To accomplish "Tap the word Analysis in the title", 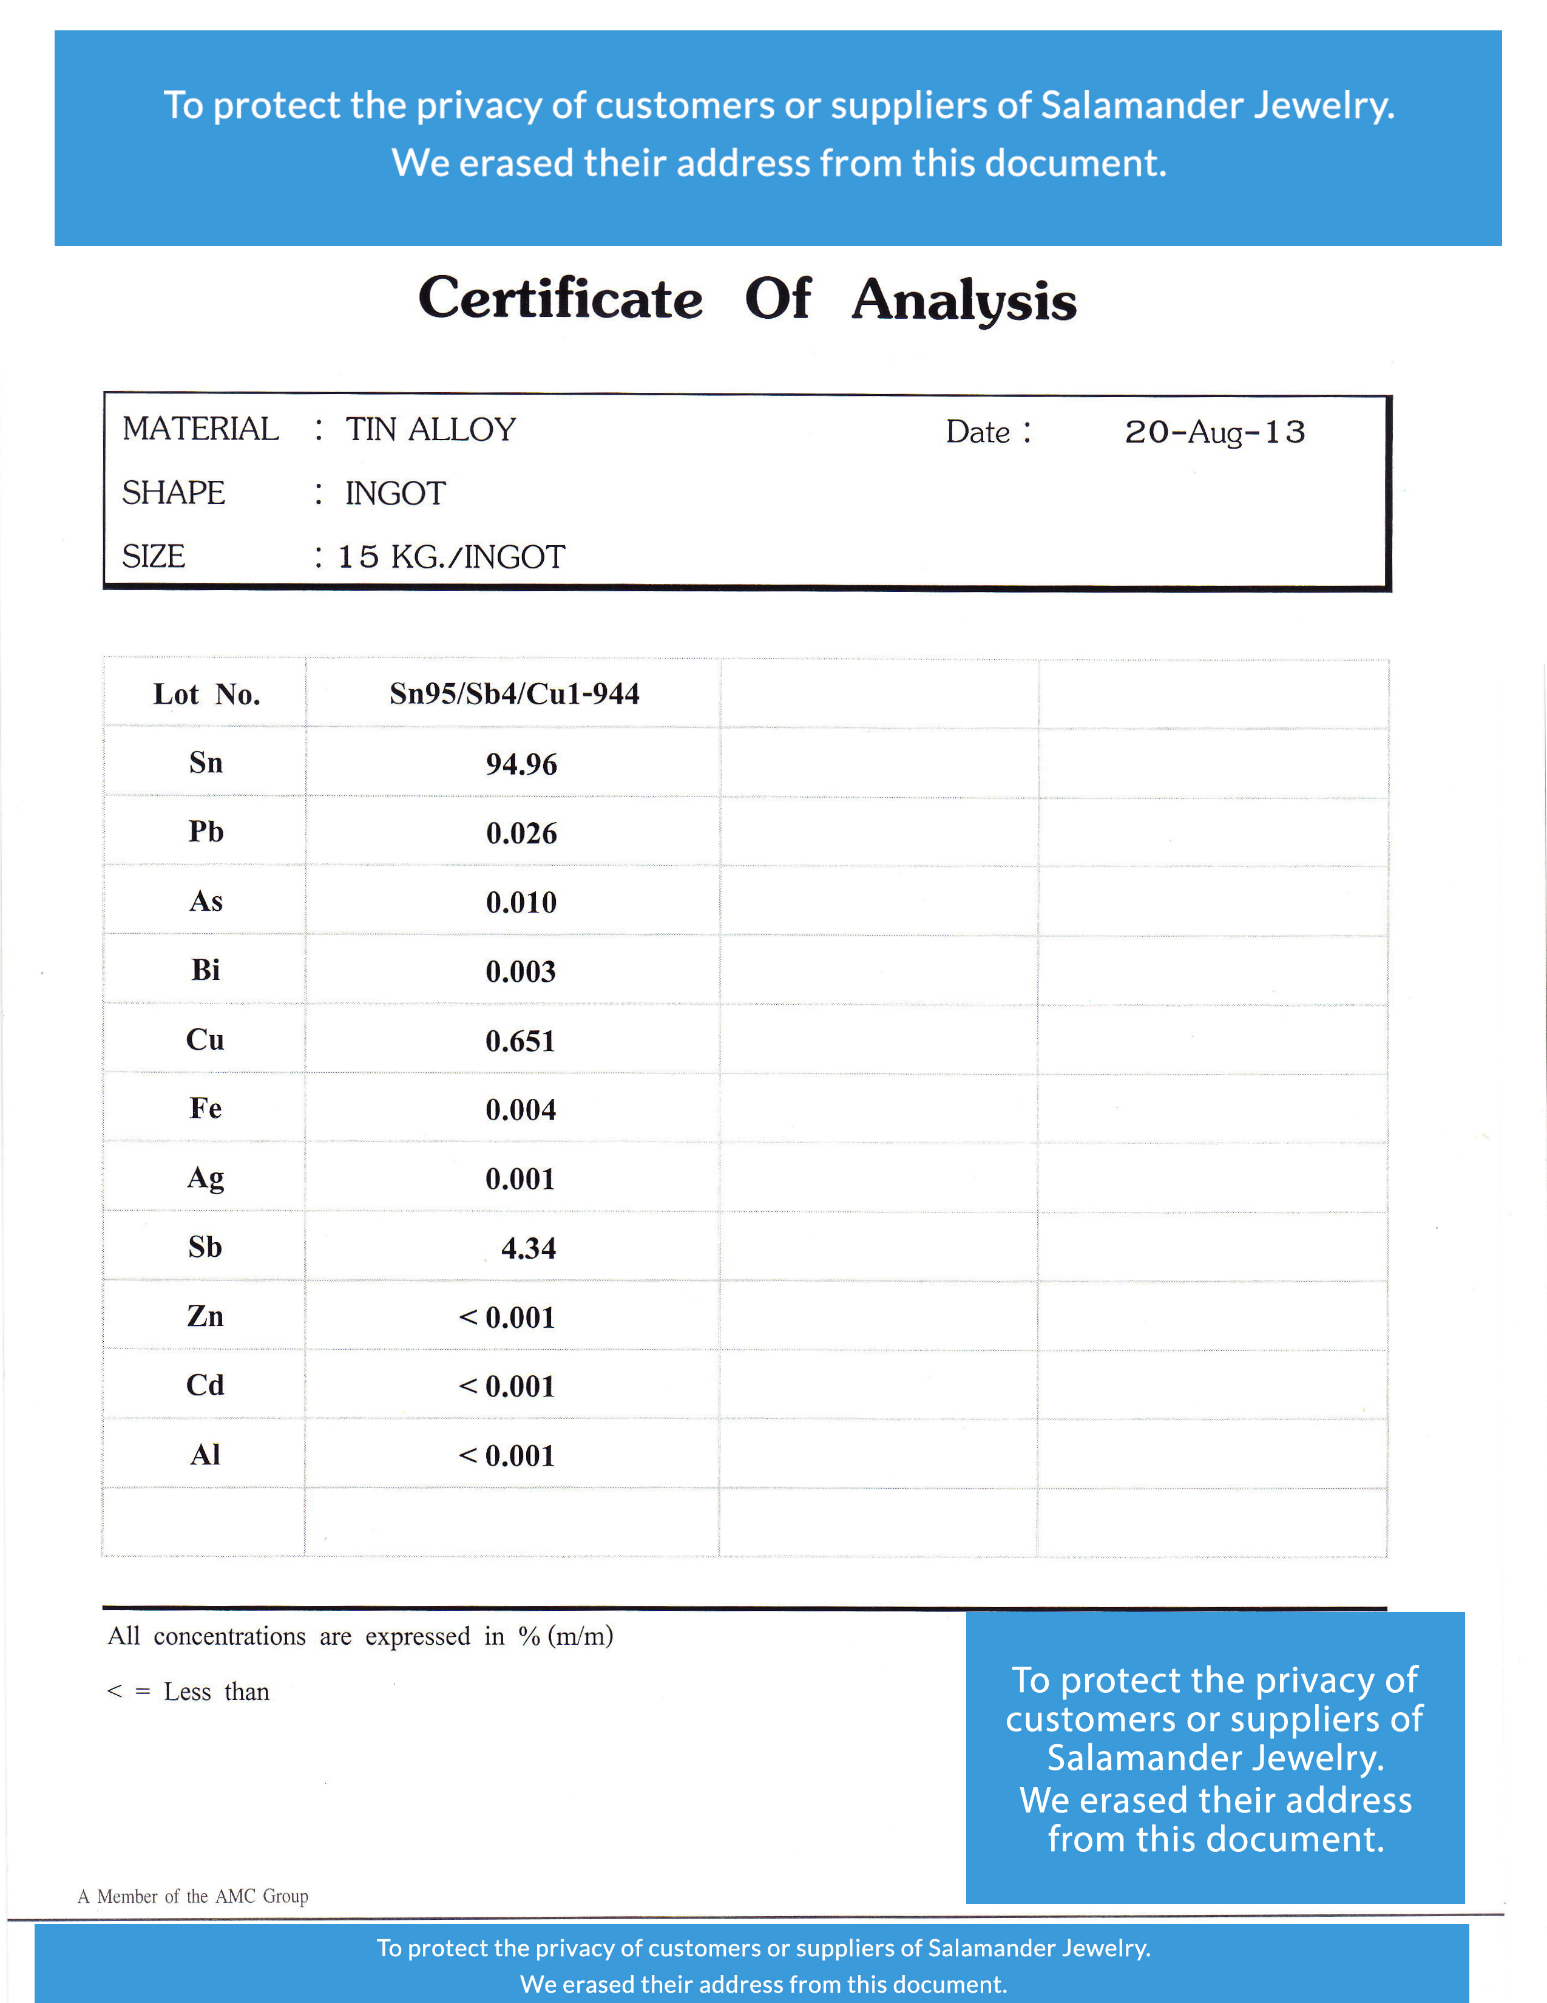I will pos(964,301).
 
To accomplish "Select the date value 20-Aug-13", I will pos(1214,432).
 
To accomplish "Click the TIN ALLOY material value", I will pos(430,429).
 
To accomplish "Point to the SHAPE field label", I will pos(174,494).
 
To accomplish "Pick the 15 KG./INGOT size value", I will pos(451,557).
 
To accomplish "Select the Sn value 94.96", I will pos(521,764).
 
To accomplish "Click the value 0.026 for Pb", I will pos(521,834).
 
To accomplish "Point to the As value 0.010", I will pos(521,902).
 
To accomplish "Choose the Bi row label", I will pos(205,970).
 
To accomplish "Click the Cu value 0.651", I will pos(520,1041).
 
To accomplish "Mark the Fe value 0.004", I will pos(520,1110).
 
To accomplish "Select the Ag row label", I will pos(205,1178).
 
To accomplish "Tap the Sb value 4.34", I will pos(528,1248).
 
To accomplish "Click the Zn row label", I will pos(205,1317).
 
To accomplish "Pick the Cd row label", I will pos(205,1386).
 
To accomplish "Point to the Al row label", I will pos(205,1455).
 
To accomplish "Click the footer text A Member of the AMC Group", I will pos(192,1896).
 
